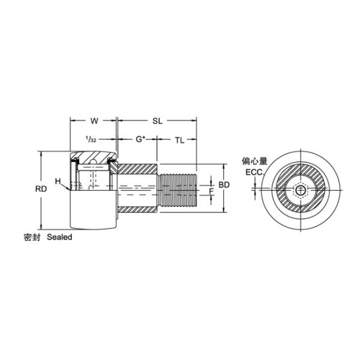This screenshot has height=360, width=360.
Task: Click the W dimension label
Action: [x=94, y=121]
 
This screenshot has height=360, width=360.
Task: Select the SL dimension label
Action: [x=157, y=121]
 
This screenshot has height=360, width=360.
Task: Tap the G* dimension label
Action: [x=141, y=139]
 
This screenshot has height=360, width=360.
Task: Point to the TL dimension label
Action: [x=179, y=140]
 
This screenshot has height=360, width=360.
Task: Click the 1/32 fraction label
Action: [x=91, y=139]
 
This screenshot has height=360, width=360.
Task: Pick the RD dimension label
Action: [x=41, y=189]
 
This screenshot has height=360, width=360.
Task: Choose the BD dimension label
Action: [x=224, y=185]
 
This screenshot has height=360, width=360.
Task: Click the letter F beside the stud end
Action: [x=211, y=191]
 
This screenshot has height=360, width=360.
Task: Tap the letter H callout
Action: [x=58, y=181]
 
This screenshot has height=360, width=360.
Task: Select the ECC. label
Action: [x=254, y=172]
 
